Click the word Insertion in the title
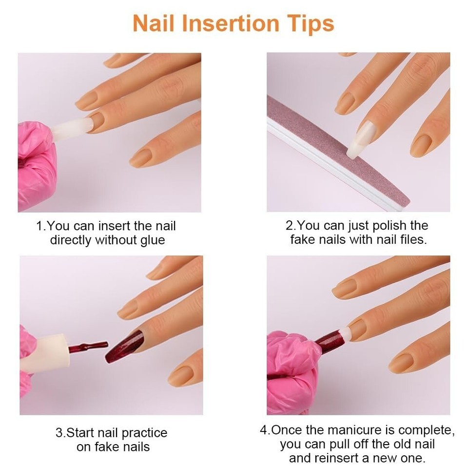click(x=231, y=23)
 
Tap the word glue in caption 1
click(x=153, y=240)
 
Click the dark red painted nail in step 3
click(x=124, y=346)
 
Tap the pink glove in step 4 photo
click(x=294, y=373)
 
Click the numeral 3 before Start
click(x=59, y=433)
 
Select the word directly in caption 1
click(x=71, y=240)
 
